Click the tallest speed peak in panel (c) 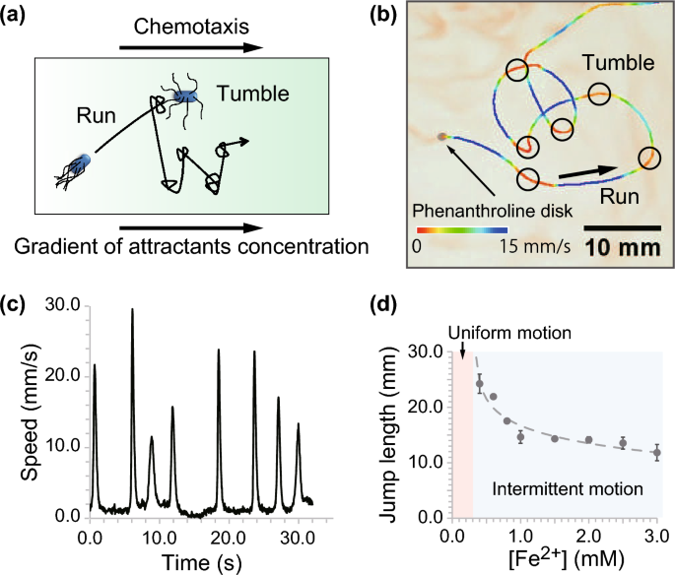(x=132, y=311)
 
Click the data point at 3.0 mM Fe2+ (x=656, y=453)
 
